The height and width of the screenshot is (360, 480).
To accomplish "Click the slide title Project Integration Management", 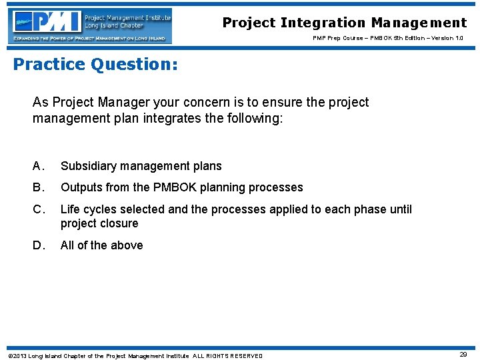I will pyautogui.click(x=345, y=23).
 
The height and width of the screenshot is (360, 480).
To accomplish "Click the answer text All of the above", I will pyautogui.click(x=101, y=245).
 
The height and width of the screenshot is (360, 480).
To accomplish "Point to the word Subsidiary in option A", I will pyautogui.click(x=87, y=166).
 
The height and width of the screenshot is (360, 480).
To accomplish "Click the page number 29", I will pyautogui.click(x=463, y=355).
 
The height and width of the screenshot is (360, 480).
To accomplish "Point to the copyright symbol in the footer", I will pyautogui.click(x=9, y=355).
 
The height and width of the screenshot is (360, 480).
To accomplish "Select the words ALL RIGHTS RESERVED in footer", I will pyautogui.click(x=227, y=355).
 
